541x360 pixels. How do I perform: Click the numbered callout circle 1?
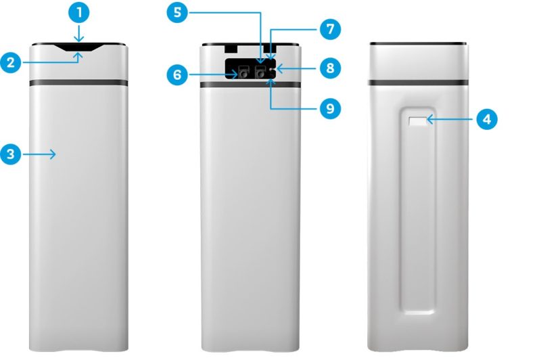point(79,13)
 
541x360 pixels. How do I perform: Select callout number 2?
point(11,62)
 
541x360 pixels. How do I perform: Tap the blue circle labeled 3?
point(11,154)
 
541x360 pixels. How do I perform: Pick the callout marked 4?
point(487,119)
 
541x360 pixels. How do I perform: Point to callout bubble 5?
point(177,12)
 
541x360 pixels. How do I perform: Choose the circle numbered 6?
point(177,74)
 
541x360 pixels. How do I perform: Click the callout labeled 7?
point(330,29)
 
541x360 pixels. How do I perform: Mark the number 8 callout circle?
point(330,68)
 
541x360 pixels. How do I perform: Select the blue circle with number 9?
point(330,108)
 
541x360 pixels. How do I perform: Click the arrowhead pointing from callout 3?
point(53,154)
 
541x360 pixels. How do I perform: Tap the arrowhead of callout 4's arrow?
point(430,119)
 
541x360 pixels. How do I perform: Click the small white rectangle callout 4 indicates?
point(418,121)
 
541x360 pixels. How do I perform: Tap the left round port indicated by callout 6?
point(243,74)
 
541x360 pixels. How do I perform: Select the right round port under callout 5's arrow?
point(260,74)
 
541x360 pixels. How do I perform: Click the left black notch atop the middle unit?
point(231,48)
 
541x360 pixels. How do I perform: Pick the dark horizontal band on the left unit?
point(78,83)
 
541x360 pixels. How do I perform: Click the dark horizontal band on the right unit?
point(418,83)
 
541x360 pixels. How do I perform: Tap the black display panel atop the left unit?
point(78,47)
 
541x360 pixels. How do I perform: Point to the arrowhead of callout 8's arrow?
point(279,68)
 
